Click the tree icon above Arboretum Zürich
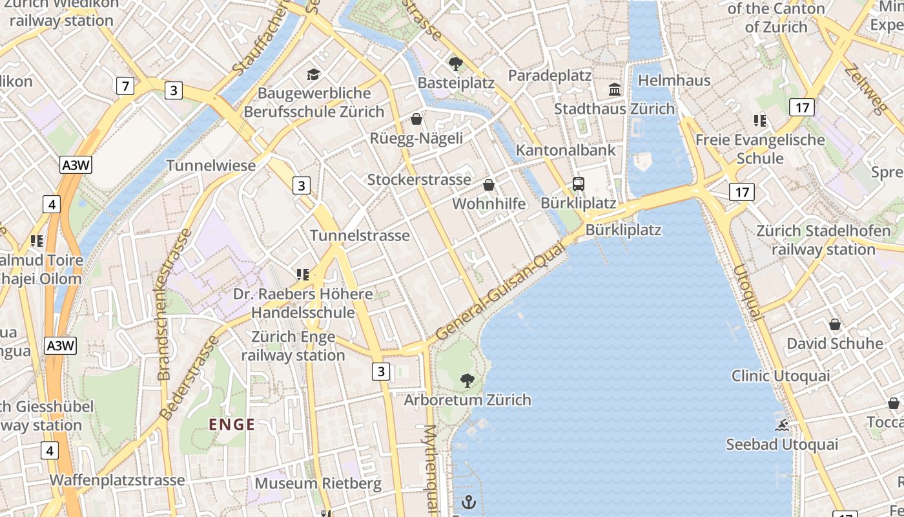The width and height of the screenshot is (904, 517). point(467,381)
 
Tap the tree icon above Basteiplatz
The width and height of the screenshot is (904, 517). point(455,63)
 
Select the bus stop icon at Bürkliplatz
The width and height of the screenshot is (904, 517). point(579,184)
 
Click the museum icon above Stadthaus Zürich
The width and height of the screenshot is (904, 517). point(615,89)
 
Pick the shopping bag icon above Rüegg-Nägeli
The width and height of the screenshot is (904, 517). point(416,119)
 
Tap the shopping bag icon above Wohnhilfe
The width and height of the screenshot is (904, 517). point(489,185)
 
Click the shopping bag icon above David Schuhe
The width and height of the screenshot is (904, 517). point(835,324)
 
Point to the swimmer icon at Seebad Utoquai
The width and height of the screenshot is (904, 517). point(782,425)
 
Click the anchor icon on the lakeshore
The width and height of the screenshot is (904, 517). point(469,501)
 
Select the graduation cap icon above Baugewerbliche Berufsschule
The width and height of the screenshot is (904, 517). point(314,74)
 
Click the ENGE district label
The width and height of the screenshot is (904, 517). point(232,425)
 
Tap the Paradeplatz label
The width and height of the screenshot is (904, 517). point(550,76)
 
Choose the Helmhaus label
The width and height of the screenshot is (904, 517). point(674,81)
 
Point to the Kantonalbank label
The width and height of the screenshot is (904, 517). point(566,150)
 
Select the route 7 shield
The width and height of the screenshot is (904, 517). point(125,85)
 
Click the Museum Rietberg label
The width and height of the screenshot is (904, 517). point(318,483)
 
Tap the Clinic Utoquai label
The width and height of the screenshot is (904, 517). point(781,375)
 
